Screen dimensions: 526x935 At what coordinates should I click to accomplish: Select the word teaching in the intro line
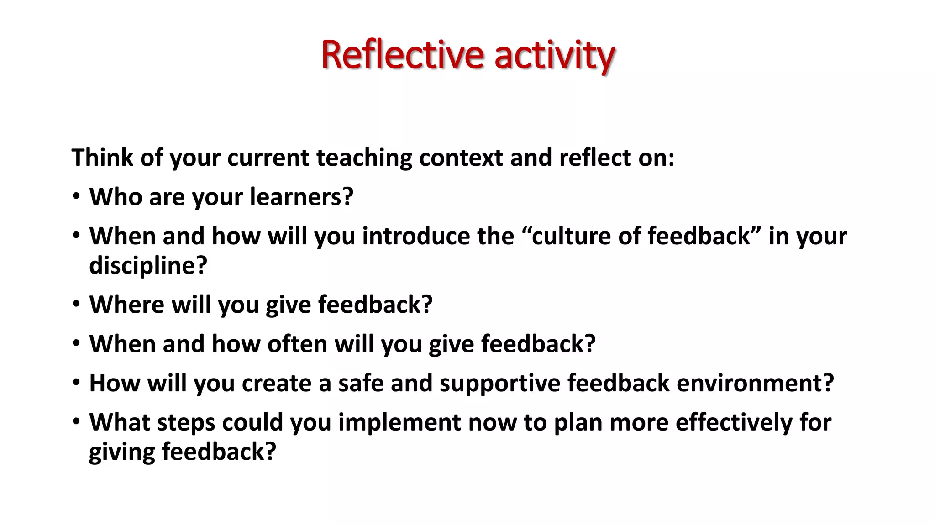(x=364, y=158)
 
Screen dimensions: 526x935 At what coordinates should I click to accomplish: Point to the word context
(x=461, y=158)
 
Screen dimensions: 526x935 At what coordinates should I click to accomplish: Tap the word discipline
(x=148, y=265)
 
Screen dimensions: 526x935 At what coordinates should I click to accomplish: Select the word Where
(x=126, y=305)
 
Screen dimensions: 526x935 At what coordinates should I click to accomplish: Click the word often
(x=297, y=344)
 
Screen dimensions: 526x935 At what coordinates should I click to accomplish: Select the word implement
(x=399, y=423)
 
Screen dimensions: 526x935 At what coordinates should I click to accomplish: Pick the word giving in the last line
(x=122, y=452)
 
